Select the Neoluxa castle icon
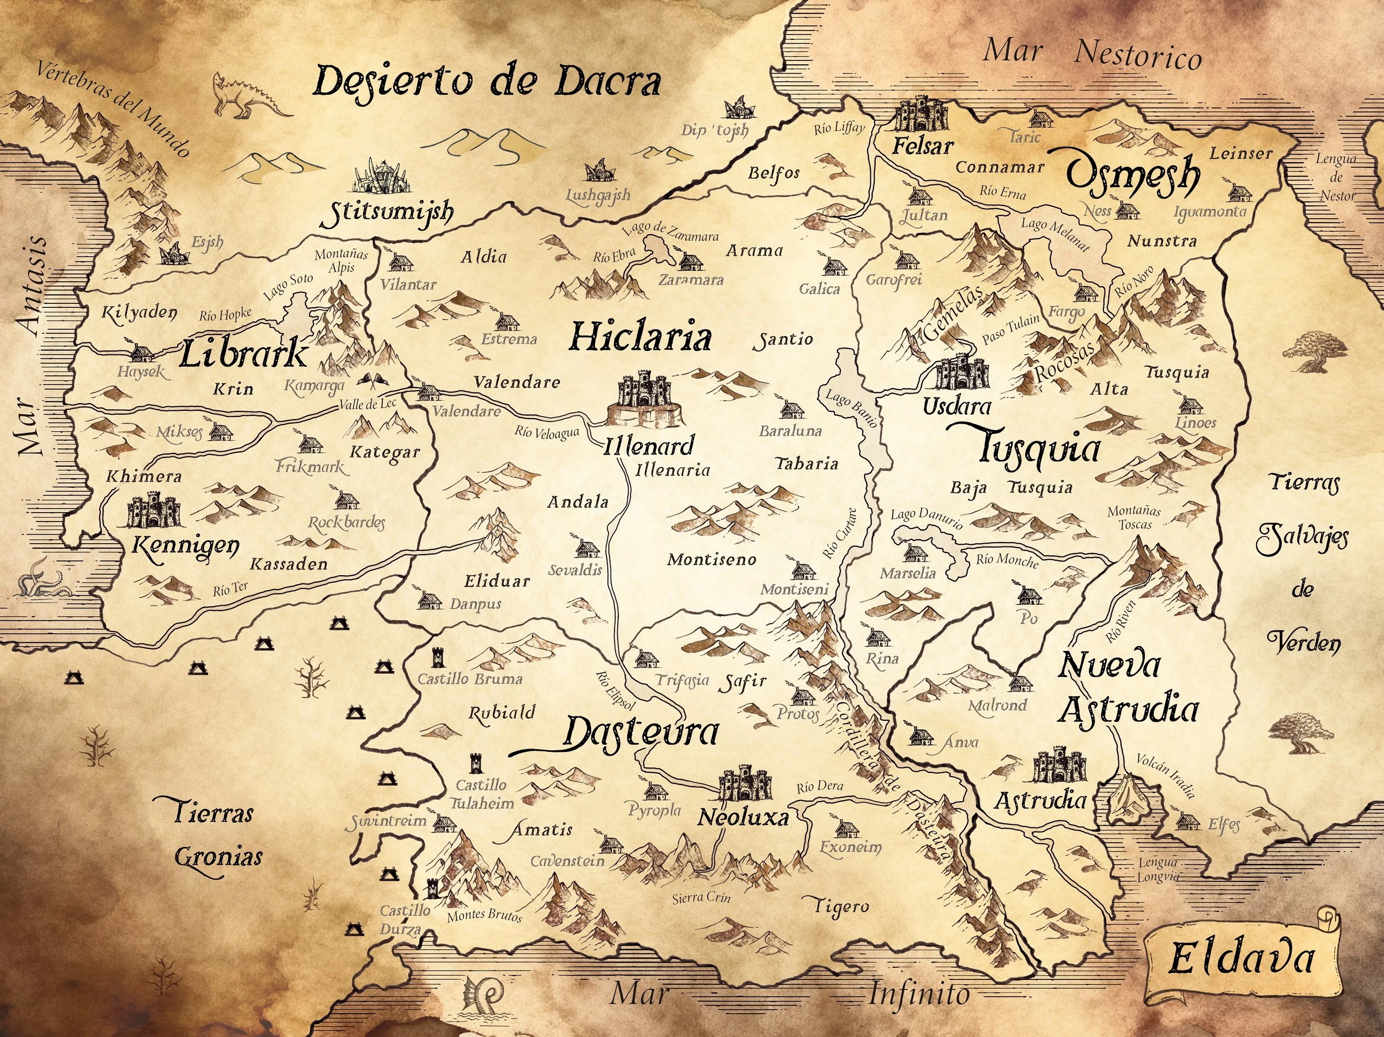click(744, 783)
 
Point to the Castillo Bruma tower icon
click(437, 658)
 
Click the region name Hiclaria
click(640, 337)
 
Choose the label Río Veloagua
click(547, 432)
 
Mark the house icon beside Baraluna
click(792, 410)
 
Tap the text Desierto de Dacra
click(486, 82)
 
